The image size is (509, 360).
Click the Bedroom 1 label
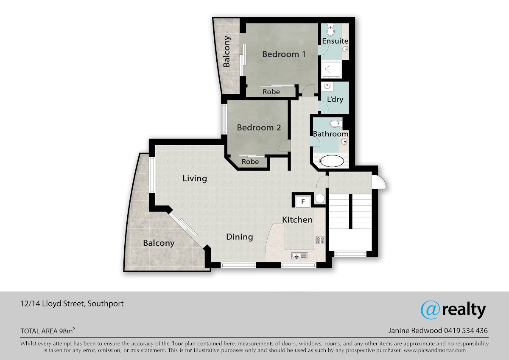284,54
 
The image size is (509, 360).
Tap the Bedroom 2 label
259,128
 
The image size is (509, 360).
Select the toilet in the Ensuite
330,30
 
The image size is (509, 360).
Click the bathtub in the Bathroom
332,161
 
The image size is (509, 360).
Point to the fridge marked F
303,202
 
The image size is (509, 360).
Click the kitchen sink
299,256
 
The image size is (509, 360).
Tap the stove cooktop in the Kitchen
320,240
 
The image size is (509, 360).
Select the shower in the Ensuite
331,69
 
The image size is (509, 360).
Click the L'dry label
335,99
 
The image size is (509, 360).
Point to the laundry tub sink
327,87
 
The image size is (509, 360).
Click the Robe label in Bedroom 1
271,92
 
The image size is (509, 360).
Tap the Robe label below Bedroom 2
250,162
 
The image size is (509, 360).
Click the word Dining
240,237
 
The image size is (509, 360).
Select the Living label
195,179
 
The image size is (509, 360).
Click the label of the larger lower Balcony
159,243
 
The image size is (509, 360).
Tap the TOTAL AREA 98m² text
48,331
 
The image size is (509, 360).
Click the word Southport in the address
106,304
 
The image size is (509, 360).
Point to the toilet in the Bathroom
336,124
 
